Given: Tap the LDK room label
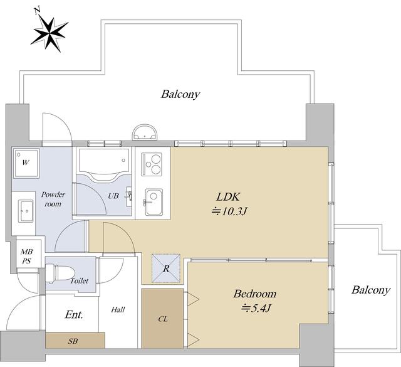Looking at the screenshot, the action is pyautogui.click(x=228, y=197).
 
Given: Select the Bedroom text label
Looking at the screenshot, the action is pyautogui.click(x=255, y=294).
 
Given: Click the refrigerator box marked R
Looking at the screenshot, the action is pyautogui.click(x=166, y=269).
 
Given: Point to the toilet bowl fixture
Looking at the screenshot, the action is pyautogui.click(x=60, y=274).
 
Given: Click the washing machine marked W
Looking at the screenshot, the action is pyautogui.click(x=26, y=163).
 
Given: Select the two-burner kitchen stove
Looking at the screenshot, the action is pyautogui.click(x=152, y=164).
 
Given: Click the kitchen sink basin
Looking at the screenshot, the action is pyautogui.click(x=154, y=202).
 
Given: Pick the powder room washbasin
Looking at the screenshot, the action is pyautogui.click(x=26, y=211).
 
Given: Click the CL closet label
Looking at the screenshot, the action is pyautogui.click(x=163, y=319).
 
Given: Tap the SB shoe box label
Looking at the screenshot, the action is pyautogui.click(x=73, y=341).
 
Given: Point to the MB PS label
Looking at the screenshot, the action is pyautogui.click(x=26, y=257).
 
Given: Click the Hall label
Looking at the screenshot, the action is pyautogui.click(x=118, y=310).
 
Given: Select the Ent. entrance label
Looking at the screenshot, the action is pyautogui.click(x=74, y=314).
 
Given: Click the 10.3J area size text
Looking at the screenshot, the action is pyautogui.click(x=229, y=211).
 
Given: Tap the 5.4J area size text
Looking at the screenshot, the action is pyautogui.click(x=256, y=308).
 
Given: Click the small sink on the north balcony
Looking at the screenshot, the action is pyautogui.click(x=144, y=132).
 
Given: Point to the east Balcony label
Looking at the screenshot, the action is pyautogui.click(x=371, y=290).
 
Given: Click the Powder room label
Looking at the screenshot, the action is pyautogui.click(x=53, y=199).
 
